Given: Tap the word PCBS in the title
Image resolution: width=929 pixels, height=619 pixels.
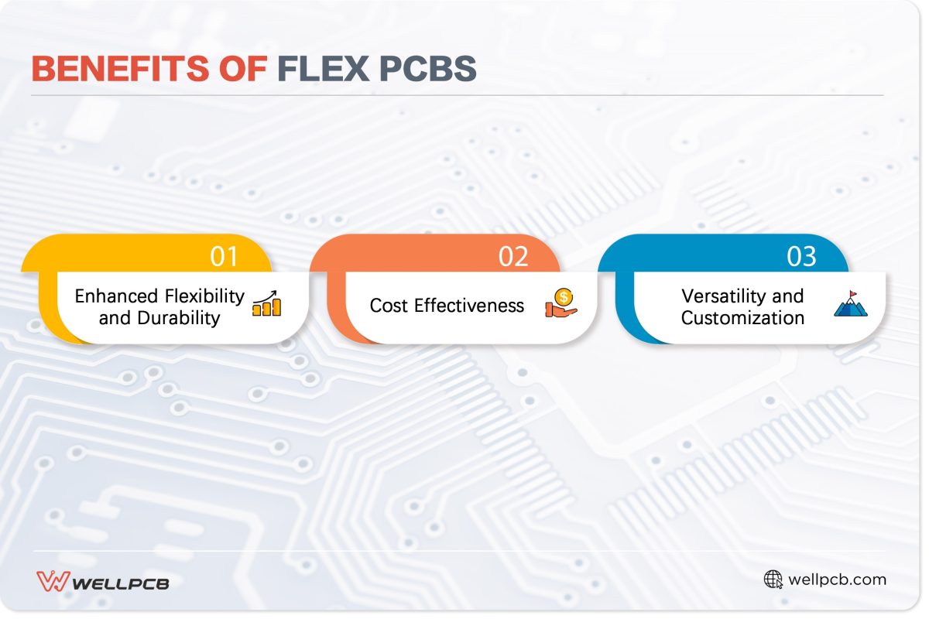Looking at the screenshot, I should [x=427, y=69].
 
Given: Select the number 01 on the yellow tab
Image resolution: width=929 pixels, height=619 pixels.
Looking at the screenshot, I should [x=225, y=256].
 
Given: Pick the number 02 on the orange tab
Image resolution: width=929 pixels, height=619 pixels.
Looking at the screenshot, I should [x=513, y=256].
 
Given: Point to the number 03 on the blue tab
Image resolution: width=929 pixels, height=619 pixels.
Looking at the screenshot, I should [x=801, y=256].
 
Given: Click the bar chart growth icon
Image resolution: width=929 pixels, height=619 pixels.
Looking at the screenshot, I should [x=267, y=304].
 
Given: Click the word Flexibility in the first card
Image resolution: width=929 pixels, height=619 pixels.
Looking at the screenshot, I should [x=204, y=296].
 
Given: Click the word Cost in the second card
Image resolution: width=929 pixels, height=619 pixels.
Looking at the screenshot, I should [x=389, y=305].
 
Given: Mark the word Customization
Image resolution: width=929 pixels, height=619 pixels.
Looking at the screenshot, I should [x=742, y=317].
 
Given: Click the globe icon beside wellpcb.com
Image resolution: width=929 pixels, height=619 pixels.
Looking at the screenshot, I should [x=773, y=580].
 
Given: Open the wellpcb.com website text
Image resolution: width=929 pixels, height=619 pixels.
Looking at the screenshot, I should [x=837, y=580].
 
